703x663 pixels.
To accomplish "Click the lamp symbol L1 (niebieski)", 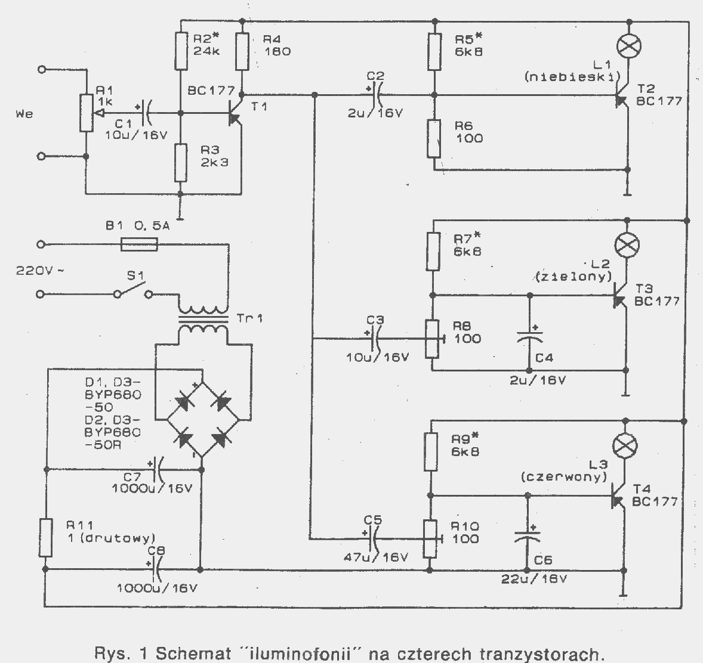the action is pos(629,46).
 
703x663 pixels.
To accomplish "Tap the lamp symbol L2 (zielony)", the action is pos(627,244).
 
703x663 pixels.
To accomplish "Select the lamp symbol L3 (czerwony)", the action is pos(625,445).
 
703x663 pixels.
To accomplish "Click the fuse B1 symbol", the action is pos(140,244).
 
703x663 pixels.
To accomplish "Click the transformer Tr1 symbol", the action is pos(203,320).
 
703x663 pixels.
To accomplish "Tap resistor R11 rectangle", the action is pos(46,538).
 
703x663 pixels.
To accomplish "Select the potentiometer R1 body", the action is pos(86,113).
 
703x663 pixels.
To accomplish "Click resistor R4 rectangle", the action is pos(242,51).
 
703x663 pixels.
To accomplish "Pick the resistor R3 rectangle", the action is pos(181,163).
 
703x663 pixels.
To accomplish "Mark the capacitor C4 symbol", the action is pos(529,336).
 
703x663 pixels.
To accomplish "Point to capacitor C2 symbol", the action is pos(376,95).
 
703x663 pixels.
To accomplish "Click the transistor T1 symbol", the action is pos(235,112).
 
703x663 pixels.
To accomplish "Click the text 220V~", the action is pos(39,271).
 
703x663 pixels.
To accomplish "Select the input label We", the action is pos(24,114).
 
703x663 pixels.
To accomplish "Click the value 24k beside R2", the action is pos(206,51).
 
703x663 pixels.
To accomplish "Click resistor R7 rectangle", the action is pos(433,252).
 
